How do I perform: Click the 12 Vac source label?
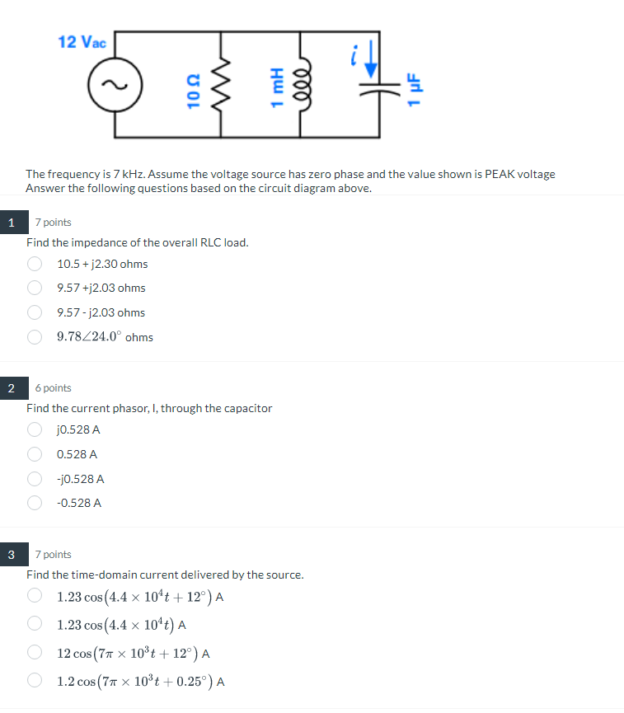click(x=82, y=41)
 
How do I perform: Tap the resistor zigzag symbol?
click(x=221, y=85)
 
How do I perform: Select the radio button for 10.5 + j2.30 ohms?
click(x=35, y=264)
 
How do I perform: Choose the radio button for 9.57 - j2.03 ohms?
click(x=35, y=312)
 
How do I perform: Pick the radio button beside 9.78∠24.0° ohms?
click(x=35, y=336)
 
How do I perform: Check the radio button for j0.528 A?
click(x=35, y=429)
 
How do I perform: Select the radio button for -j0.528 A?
click(x=35, y=478)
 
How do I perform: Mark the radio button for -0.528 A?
click(x=35, y=503)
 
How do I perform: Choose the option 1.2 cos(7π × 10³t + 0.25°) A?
click(x=35, y=681)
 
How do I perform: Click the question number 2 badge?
click(x=11, y=387)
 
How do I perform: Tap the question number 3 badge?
click(x=11, y=554)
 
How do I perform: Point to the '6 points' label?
click(x=54, y=387)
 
